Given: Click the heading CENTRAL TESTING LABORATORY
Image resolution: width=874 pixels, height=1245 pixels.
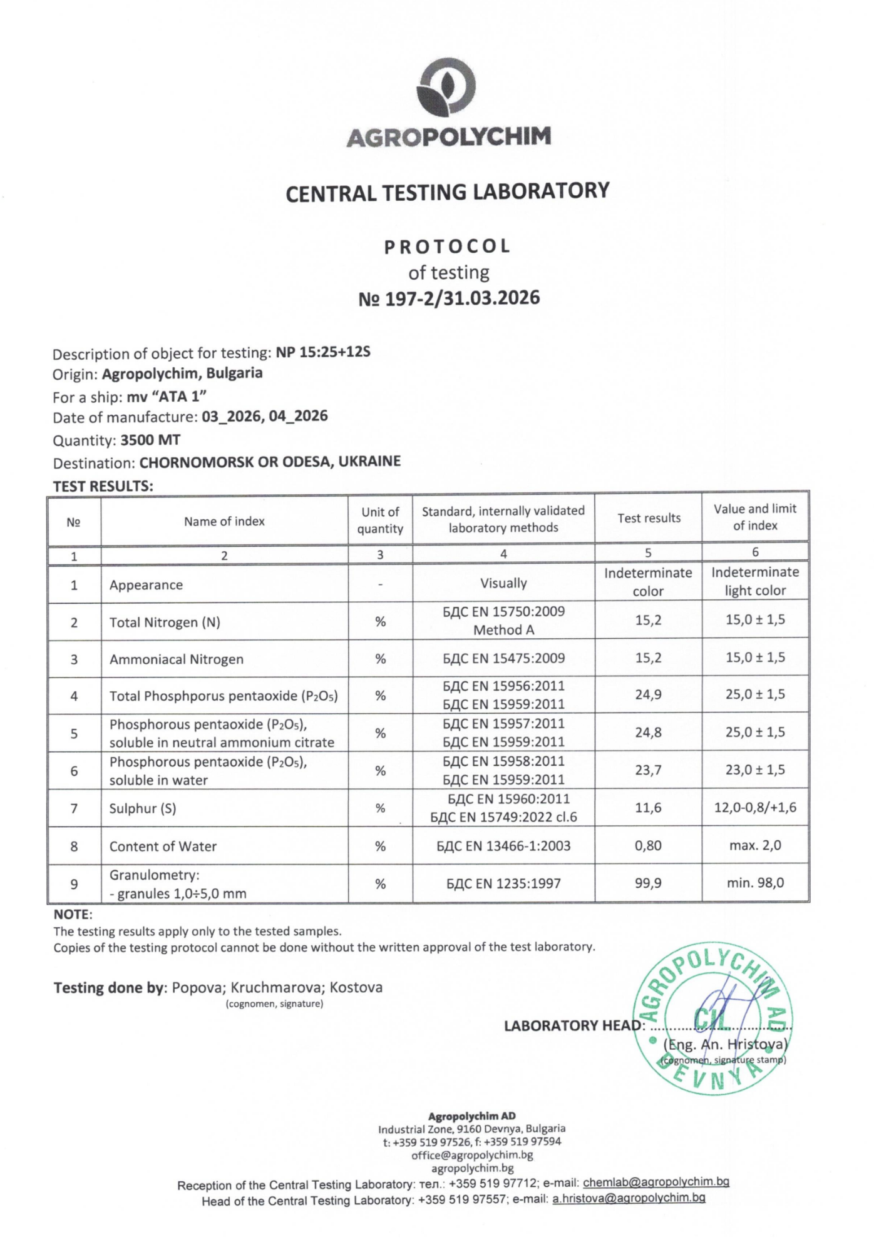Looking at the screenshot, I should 448,191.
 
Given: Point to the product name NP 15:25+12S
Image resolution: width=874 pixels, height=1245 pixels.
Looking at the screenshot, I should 323,352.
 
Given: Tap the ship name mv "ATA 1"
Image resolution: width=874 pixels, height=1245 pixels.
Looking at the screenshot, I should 167,396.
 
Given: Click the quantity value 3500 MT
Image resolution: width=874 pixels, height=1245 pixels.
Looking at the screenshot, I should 150,440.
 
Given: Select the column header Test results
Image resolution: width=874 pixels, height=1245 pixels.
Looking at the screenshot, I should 649,518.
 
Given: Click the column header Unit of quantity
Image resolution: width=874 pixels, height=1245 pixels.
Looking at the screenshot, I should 380,520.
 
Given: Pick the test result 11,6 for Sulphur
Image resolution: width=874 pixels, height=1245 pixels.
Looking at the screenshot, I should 648,808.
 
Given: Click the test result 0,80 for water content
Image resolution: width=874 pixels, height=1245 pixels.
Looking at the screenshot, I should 648,845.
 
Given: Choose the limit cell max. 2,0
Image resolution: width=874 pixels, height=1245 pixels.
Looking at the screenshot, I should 755,845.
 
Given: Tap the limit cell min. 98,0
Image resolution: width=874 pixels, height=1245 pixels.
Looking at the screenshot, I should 755,883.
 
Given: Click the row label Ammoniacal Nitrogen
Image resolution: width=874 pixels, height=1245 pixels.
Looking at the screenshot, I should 177,659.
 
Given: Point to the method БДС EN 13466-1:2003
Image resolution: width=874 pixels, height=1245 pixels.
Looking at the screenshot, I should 503,846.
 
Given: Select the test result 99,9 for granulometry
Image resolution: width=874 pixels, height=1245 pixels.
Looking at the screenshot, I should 648,883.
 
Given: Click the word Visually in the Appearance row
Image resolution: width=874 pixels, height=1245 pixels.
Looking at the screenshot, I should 503,583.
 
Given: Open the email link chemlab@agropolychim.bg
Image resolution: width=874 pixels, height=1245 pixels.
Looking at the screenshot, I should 656,1182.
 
